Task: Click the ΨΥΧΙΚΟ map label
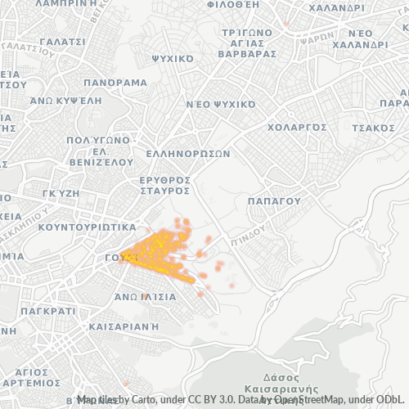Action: point(173,59)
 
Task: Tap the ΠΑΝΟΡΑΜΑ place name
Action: point(115,83)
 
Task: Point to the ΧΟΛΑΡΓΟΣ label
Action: point(298,128)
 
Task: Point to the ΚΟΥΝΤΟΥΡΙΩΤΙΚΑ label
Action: point(87,226)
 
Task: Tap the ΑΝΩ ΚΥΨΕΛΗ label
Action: point(65,100)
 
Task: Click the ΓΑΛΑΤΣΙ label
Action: point(61,41)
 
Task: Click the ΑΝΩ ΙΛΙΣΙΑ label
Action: point(145,297)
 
